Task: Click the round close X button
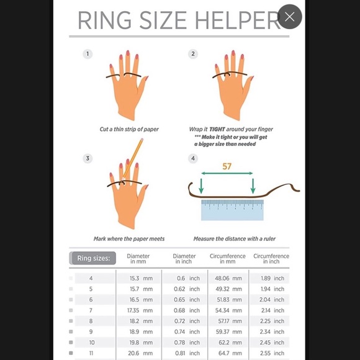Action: [289, 17]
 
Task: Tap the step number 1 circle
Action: [88, 54]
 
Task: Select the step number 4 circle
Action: [193, 158]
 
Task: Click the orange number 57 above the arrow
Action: [227, 166]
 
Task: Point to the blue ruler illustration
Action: [232, 210]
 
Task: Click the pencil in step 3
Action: [133, 158]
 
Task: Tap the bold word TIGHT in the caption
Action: [217, 129]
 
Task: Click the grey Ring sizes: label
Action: [92, 258]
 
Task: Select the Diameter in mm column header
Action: [138, 259]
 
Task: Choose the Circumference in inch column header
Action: [271, 259]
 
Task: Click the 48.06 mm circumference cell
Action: [228, 278]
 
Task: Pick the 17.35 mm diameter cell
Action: [140, 310]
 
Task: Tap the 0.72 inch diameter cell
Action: [187, 321]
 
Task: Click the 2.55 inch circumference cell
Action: [272, 353]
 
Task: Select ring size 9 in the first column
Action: [91, 332]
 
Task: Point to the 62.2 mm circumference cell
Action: [230, 343]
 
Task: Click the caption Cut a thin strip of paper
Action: [129, 129]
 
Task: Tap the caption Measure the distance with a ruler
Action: [235, 239]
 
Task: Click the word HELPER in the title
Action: [236, 20]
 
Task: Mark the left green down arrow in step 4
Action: [201, 186]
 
